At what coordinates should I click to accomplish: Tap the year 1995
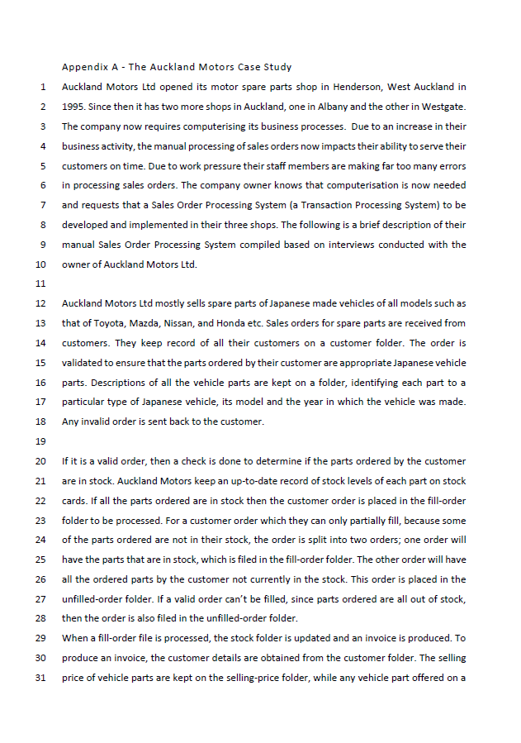click(73, 107)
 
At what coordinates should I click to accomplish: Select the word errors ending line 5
click(451, 166)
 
